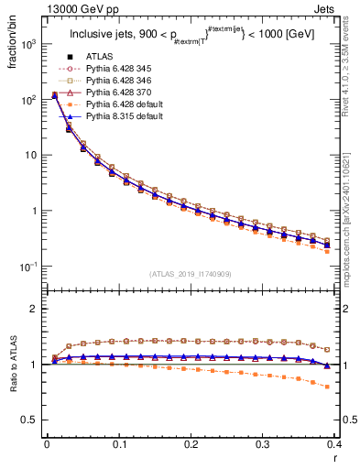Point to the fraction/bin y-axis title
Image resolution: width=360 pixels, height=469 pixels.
coord(13,48)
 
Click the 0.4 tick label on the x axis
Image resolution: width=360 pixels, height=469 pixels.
coord(334,445)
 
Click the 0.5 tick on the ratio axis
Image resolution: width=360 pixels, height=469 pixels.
coord(32,420)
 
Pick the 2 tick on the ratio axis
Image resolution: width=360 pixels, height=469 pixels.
coord(36,309)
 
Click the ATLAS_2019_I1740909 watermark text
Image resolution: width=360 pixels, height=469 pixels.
coord(191,275)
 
